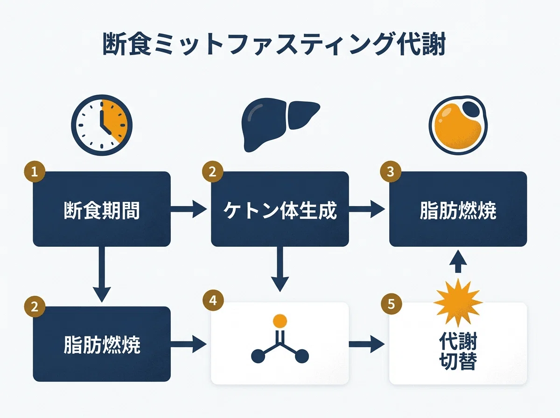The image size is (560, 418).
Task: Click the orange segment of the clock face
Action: (x=115, y=120)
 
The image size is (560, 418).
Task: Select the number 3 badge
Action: (x=391, y=172)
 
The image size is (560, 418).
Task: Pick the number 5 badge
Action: (x=391, y=304)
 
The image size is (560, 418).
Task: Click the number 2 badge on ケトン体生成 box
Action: (x=212, y=172)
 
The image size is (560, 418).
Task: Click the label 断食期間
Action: (x=102, y=211)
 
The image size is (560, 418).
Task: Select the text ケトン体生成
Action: (x=280, y=211)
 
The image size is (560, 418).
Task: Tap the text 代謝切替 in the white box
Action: (x=458, y=351)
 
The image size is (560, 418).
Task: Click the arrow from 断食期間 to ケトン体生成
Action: (x=189, y=209)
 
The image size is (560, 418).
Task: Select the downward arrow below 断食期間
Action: (x=102, y=274)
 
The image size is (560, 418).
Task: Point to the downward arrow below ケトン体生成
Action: (x=280, y=269)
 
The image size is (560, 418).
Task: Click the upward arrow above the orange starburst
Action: (x=458, y=261)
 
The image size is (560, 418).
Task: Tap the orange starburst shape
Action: (x=458, y=303)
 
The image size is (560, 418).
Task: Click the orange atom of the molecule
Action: (x=280, y=321)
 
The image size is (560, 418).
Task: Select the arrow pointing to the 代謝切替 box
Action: (x=367, y=344)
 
